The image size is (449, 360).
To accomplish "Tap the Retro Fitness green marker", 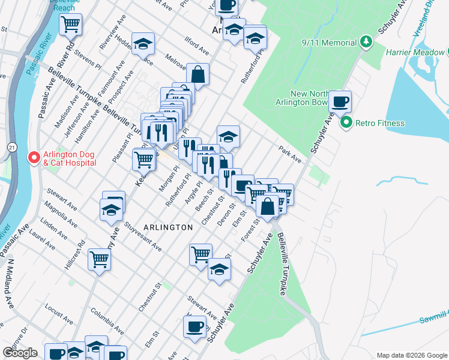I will (x=346, y=124).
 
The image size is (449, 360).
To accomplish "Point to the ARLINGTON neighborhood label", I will (x=168, y=227).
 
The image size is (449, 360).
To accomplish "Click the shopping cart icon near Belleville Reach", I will (x=71, y=25).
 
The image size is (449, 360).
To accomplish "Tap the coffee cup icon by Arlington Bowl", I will (x=340, y=101).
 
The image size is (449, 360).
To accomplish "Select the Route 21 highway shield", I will (x=12, y=146).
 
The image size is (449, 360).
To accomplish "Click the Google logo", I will (x=20, y=352).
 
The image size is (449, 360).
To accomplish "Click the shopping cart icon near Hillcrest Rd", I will (x=100, y=260).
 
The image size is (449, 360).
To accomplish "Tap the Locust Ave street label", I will (x=58, y=300).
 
